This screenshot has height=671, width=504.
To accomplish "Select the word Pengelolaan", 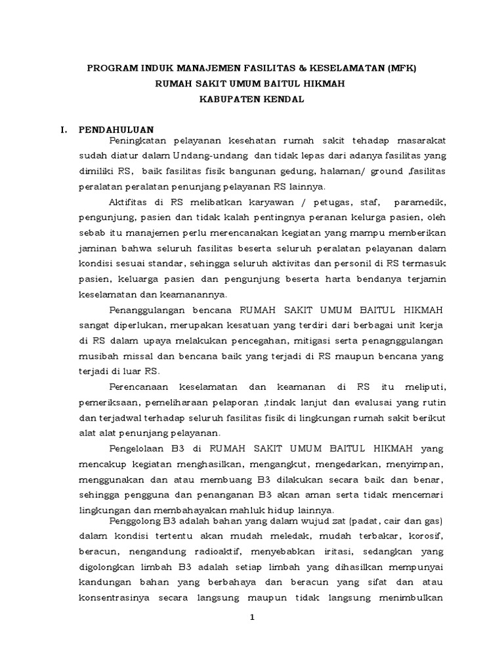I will pyautogui.click(x=141, y=449).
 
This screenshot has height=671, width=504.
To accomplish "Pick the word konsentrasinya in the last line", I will pyautogui.click(x=115, y=598).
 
